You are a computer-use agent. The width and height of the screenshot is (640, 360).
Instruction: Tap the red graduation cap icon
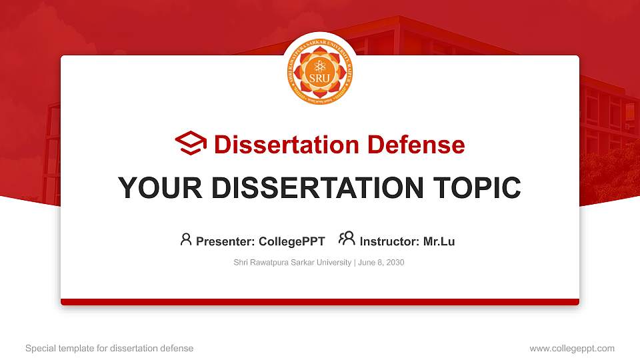(191, 144)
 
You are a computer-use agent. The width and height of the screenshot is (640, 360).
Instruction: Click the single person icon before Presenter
(186, 239)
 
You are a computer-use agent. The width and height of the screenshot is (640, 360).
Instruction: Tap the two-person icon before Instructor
(347, 239)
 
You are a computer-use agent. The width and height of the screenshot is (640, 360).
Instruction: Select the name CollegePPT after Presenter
(291, 241)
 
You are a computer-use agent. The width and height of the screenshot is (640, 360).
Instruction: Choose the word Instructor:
(389, 241)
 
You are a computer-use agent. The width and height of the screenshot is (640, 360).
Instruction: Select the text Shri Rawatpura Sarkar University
(292, 263)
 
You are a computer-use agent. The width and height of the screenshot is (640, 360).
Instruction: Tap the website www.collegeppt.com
(572, 348)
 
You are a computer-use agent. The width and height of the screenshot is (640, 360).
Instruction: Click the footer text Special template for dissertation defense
(109, 348)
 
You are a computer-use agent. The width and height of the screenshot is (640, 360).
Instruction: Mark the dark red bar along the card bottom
(320, 302)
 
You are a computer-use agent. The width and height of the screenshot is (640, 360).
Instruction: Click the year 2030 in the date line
(395, 263)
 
